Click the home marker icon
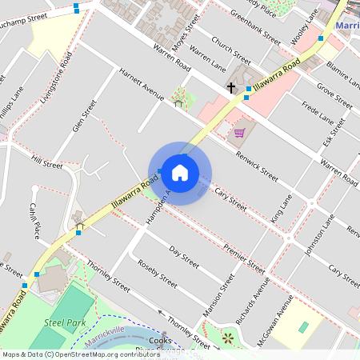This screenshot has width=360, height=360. click(x=180, y=172)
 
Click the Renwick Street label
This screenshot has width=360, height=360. click(x=257, y=165)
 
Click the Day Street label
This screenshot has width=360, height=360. click(x=185, y=257)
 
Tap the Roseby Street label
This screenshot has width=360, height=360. click(x=157, y=274)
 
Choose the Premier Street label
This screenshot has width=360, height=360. click(x=244, y=260)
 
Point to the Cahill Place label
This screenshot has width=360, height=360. click(x=35, y=220)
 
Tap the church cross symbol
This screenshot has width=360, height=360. click(x=231, y=87)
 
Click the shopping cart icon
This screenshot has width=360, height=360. click(x=238, y=132)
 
